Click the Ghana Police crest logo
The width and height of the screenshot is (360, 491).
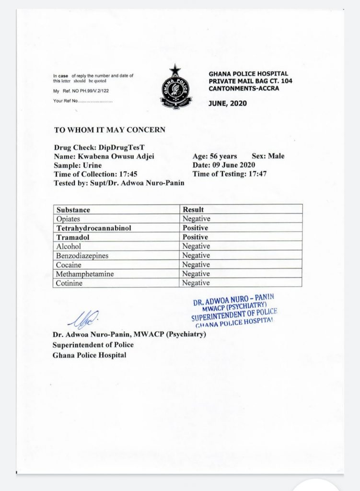176,87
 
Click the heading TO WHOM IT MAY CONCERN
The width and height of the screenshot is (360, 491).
110,129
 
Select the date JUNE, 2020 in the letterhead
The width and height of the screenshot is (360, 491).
228,103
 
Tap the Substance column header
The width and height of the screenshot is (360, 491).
73,210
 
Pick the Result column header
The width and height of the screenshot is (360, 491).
193,210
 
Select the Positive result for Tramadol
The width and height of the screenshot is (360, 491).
195,237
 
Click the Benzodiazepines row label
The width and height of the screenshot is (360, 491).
82,256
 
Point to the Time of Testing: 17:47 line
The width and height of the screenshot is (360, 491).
229,174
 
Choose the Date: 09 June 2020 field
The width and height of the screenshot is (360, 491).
224,165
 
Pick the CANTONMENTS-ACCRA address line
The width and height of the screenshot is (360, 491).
244,88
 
